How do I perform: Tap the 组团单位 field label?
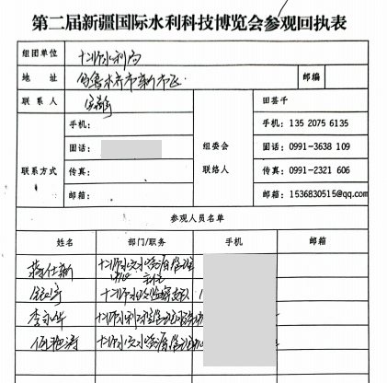point(44,56)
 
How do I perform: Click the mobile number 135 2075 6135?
point(318,122)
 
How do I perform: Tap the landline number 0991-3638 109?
point(319,146)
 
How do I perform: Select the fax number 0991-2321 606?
point(319,170)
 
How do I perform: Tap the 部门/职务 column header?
point(143,241)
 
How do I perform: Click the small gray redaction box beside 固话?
point(131,148)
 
